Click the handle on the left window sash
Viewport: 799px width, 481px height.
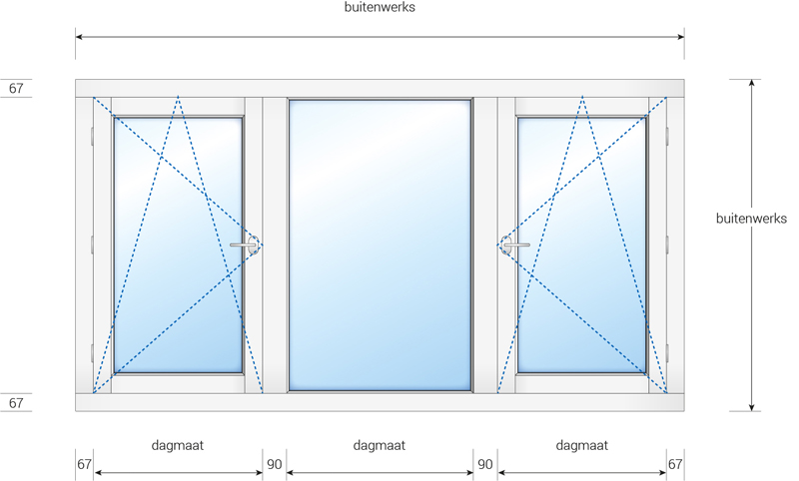point(246,244)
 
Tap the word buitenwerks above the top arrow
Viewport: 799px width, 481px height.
point(380,7)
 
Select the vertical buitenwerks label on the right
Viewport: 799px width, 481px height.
point(751,219)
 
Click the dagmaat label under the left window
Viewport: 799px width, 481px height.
point(178,445)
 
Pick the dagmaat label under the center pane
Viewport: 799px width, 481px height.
point(380,445)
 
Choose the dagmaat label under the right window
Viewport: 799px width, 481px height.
point(582,445)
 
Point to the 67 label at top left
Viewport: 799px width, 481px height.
point(16,88)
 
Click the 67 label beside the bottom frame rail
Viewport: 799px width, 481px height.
point(16,403)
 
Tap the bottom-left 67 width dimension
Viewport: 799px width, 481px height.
point(84,464)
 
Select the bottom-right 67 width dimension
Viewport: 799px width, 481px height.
point(675,464)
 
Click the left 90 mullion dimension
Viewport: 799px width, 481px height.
point(274,464)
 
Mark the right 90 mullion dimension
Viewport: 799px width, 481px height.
point(485,464)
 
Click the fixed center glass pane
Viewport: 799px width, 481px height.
point(380,245)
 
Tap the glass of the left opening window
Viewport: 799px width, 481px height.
point(178,245)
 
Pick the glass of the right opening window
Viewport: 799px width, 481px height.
point(582,245)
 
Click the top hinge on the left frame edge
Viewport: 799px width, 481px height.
point(92,136)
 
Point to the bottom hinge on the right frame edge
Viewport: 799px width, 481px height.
point(667,352)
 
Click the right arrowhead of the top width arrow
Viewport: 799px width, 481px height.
point(680,37)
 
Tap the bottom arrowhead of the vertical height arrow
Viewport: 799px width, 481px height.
point(751,407)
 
